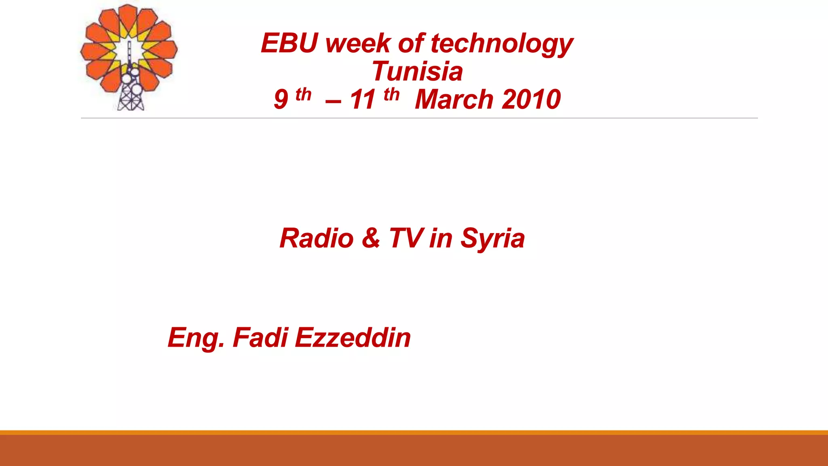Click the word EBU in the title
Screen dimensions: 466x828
[x=289, y=43]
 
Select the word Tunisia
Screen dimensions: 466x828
[x=417, y=71]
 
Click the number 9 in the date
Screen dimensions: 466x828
[x=281, y=100]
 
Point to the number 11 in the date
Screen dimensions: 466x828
[x=363, y=100]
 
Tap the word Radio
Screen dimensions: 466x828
[x=317, y=238]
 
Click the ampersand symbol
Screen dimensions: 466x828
[x=371, y=238]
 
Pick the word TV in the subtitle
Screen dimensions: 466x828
[x=406, y=238]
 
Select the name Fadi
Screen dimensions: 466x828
[x=260, y=337]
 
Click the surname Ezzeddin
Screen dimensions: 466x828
[x=353, y=337]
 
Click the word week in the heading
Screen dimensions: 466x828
[x=358, y=43]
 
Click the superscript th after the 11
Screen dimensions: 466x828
[x=392, y=95]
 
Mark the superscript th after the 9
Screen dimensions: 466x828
[x=303, y=95]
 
